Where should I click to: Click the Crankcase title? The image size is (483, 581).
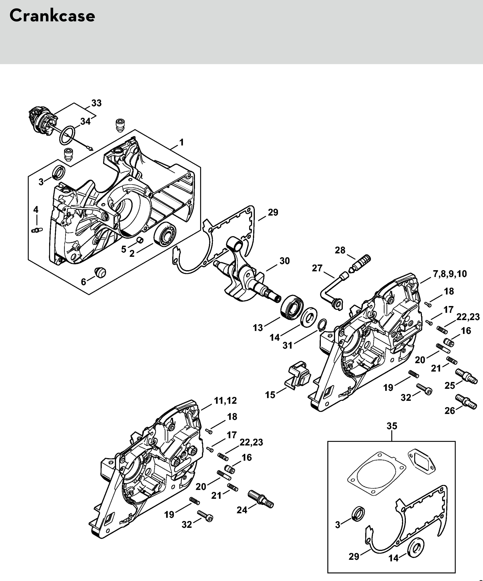pos(52,16)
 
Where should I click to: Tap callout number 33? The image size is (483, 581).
pos(97,103)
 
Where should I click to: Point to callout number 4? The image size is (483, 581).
pos(36,209)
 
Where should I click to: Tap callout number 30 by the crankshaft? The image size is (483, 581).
pos(284,261)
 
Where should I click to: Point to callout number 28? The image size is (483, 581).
pos(340,250)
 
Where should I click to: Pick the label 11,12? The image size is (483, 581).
pos(226,400)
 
